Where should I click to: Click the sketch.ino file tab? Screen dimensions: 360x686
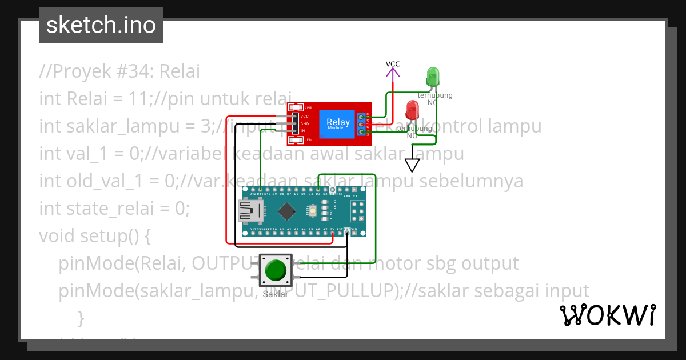101,25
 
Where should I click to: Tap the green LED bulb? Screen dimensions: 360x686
432,76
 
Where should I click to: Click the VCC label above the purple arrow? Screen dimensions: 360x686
393,64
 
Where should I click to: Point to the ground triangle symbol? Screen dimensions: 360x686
412,165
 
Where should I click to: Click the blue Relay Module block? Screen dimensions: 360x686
338,123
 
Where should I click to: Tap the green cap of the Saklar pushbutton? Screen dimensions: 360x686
276,270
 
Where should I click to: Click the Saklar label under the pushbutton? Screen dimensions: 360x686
276,295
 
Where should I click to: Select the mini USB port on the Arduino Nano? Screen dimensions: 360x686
250,212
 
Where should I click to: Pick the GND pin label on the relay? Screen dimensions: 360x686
304,124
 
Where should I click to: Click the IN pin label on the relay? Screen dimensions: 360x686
303,131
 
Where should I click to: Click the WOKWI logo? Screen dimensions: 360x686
607,315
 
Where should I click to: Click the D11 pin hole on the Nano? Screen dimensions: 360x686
260,189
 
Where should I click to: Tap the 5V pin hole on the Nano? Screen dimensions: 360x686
332,234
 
